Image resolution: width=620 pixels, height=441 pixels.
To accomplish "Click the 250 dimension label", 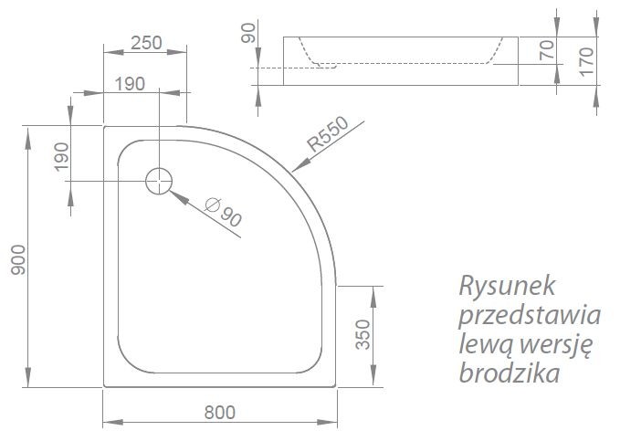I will pyautogui.click(x=146, y=41).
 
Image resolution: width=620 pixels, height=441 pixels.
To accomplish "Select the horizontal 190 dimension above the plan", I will pyautogui.click(x=131, y=83).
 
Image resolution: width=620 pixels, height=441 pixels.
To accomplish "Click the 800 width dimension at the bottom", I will pyautogui.click(x=219, y=412).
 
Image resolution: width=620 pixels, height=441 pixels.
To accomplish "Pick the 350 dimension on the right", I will pyautogui.click(x=362, y=335).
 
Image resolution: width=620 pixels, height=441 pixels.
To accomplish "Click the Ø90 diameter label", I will pyautogui.click(x=224, y=214).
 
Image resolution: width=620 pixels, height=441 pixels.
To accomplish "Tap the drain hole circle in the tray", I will pyautogui.click(x=159, y=181).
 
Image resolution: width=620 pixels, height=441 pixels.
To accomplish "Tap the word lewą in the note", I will pyautogui.click(x=479, y=344).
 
